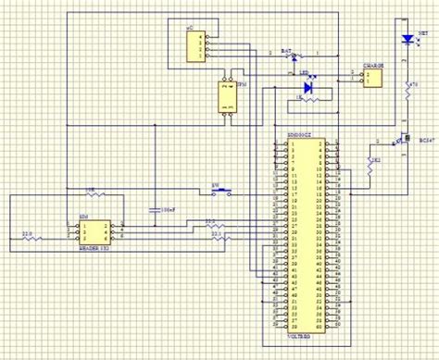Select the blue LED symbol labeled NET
tap(407, 39)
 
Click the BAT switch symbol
tap(295, 56)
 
